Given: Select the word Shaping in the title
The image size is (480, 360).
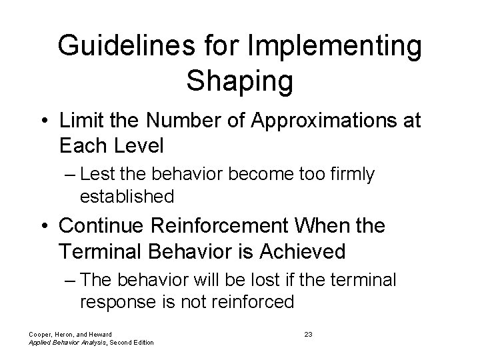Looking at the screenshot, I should click(x=239, y=81).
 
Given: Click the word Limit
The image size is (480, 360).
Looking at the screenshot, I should click(x=79, y=121).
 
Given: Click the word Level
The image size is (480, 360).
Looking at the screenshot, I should click(x=141, y=145).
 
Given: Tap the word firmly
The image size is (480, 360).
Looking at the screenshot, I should click(x=351, y=175).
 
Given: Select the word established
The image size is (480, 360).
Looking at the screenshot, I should click(x=127, y=197).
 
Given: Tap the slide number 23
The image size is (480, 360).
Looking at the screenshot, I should click(x=308, y=333).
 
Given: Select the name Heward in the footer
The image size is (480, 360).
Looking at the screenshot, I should click(x=98, y=333).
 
